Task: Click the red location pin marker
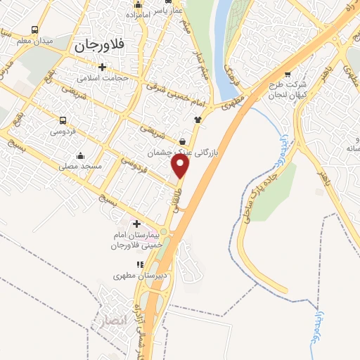181,166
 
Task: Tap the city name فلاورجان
98,46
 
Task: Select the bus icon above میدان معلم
35,30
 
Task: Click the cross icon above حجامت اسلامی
103,67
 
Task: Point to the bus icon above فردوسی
63,120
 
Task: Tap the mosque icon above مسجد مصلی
80,155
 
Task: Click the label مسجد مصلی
81,166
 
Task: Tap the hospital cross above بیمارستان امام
136,224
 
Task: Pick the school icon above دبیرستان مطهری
139,264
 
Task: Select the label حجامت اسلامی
103,78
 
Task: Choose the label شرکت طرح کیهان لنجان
286,89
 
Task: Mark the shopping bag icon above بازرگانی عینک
183,141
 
